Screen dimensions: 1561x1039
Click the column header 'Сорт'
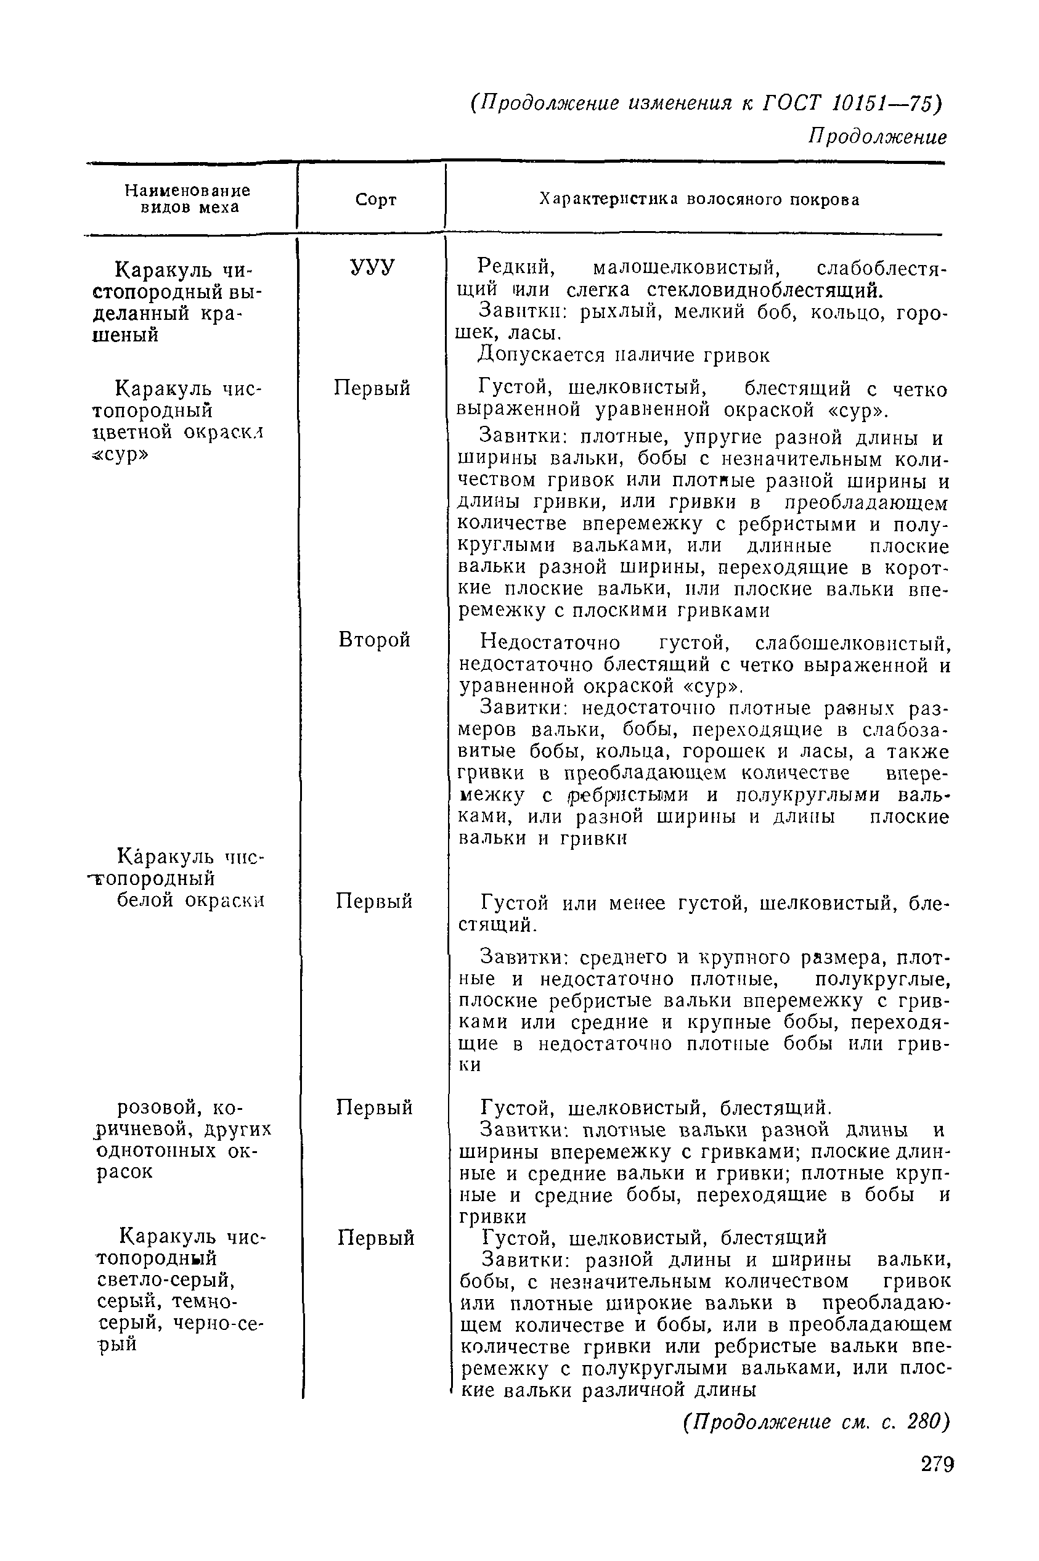pos(375,200)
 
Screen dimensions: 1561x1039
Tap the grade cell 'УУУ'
pos(372,267)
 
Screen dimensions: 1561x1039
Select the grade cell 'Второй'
pos(375,640)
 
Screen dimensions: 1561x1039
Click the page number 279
pos(936,1464)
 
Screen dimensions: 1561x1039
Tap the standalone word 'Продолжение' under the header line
pos(878,137)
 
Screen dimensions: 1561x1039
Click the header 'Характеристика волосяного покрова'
pos(699,200)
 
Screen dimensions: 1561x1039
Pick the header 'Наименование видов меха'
pos(188,199)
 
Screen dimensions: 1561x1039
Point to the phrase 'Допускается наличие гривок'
pos(624,356)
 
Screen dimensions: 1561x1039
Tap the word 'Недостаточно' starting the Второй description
pos(550,643)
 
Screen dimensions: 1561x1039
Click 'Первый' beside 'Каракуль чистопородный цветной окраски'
pos(372,388)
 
